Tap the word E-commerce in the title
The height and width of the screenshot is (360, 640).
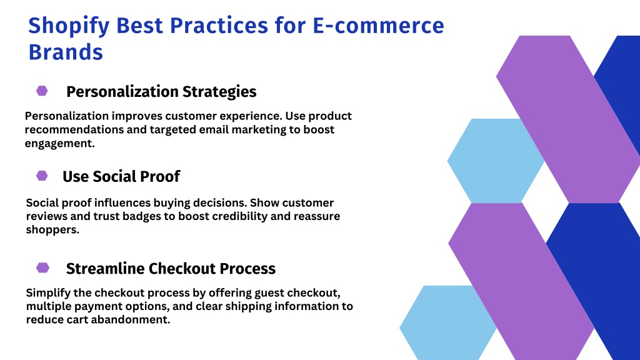pos(378,25)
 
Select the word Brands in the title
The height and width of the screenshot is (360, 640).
pos(66,52)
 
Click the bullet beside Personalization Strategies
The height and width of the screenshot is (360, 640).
pos(42,91)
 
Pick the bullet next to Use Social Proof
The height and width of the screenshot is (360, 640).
pos(42,176)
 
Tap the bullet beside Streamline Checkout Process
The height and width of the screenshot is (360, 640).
pos(43,267)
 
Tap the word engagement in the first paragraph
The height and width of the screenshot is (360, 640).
pos(59,144)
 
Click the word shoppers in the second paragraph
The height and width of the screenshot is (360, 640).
pos(52,230)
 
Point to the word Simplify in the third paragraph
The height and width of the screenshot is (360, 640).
pos(49,293)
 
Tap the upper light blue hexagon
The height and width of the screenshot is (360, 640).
pos(496,161)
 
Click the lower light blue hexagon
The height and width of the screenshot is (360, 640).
pos(447,322)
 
